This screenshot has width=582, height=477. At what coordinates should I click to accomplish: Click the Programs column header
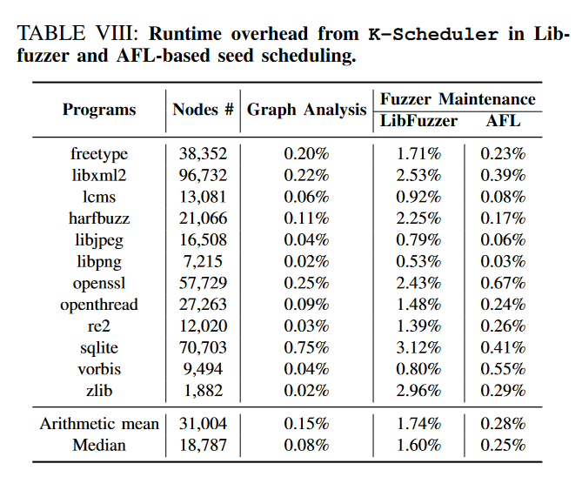(99, 110)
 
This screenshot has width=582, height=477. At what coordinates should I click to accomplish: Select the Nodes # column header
(203, 110)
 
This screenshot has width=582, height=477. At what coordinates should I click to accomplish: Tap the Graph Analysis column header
(307, 110)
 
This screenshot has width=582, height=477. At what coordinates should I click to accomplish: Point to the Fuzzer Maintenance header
(458, 99)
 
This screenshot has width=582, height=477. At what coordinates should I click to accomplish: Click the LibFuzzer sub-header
(418, 121)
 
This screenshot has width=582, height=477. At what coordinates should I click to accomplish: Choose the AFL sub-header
(503, 121)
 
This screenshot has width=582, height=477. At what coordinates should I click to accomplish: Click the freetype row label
(99, 154)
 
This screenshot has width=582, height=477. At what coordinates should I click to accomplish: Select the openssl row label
(99, 284)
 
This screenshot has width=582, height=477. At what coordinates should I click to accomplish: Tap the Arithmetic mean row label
(99, 424)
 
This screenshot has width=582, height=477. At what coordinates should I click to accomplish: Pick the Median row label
(99, 446)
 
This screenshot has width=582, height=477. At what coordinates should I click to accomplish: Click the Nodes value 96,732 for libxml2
(203, 176)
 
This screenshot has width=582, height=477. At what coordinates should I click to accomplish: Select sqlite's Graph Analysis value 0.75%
(306, 348)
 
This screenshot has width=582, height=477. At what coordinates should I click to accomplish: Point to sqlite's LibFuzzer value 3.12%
(418, 348)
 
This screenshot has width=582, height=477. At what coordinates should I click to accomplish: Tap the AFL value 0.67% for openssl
(504, 284)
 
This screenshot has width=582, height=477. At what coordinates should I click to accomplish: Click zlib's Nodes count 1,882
(203, 392)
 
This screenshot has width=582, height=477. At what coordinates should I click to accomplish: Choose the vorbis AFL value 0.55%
(504, 370)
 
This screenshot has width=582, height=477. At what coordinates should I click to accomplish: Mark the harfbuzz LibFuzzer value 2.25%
(418, 218)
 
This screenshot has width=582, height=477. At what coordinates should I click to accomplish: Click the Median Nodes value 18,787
(203, 446)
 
